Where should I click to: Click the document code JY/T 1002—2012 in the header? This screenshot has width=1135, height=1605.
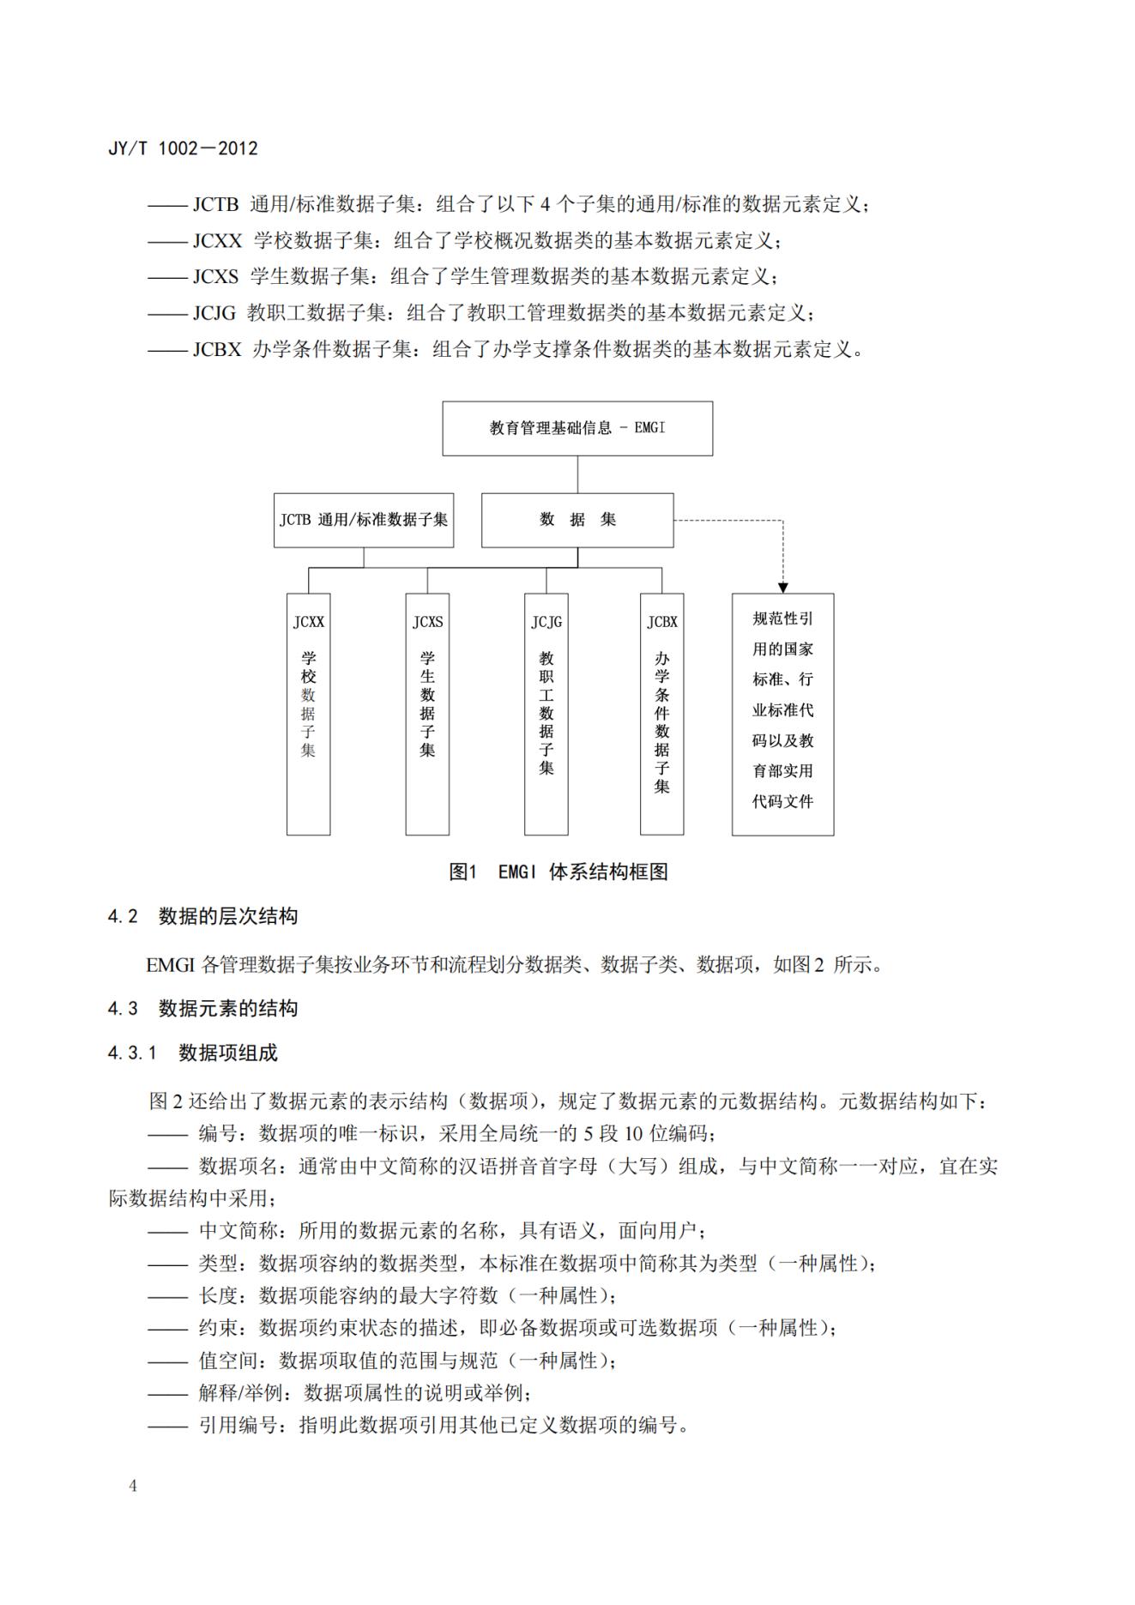(183, 148)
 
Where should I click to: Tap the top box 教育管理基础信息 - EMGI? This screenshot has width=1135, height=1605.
(577, 428)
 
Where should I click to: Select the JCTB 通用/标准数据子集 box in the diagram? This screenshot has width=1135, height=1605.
(364, 520)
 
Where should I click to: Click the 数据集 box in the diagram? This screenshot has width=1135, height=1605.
(577, 520)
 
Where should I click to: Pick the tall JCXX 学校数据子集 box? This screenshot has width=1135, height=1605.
(308, 714)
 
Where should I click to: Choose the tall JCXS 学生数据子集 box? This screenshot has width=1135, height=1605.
(427, 714)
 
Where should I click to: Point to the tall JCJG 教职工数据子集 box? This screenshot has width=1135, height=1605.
(546, 714)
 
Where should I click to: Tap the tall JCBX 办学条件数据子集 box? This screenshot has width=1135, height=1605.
(661, 714)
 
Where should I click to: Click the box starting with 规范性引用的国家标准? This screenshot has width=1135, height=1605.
(782, 714)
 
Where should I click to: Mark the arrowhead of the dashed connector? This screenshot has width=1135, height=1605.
(782, 588)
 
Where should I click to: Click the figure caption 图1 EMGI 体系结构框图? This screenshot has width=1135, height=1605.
(558, 872)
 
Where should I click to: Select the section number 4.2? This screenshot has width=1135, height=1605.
(123, 917)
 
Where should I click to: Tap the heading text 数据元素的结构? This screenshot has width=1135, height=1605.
(228, 1009)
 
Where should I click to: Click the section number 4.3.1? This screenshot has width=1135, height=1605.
(132, 1053)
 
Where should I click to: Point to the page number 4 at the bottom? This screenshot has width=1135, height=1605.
(133, 1486)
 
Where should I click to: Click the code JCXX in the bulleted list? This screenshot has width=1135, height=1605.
(217, 241)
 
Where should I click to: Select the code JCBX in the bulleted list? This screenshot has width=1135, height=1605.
(217, 350)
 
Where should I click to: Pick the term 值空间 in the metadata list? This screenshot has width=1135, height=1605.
(228, 1361)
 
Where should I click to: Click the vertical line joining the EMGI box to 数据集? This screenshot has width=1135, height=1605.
(577, 474)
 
